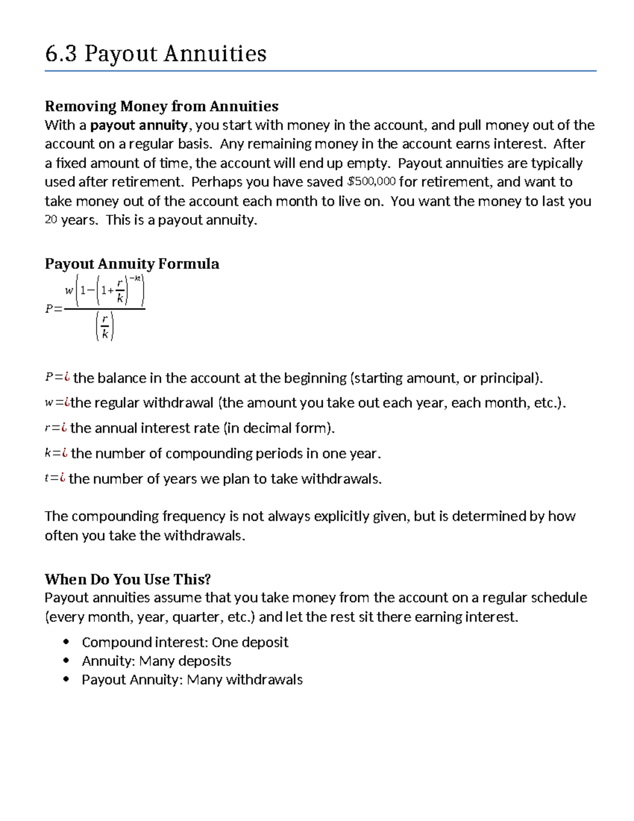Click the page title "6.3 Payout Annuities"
156,54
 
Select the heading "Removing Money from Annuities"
161,106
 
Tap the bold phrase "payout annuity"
139,125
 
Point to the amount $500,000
371,182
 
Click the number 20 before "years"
51,220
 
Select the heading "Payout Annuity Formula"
132,264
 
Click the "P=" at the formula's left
53,309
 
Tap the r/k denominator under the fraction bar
105,326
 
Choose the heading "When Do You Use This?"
128,579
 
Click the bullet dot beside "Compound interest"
66,642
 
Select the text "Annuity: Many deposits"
156,661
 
